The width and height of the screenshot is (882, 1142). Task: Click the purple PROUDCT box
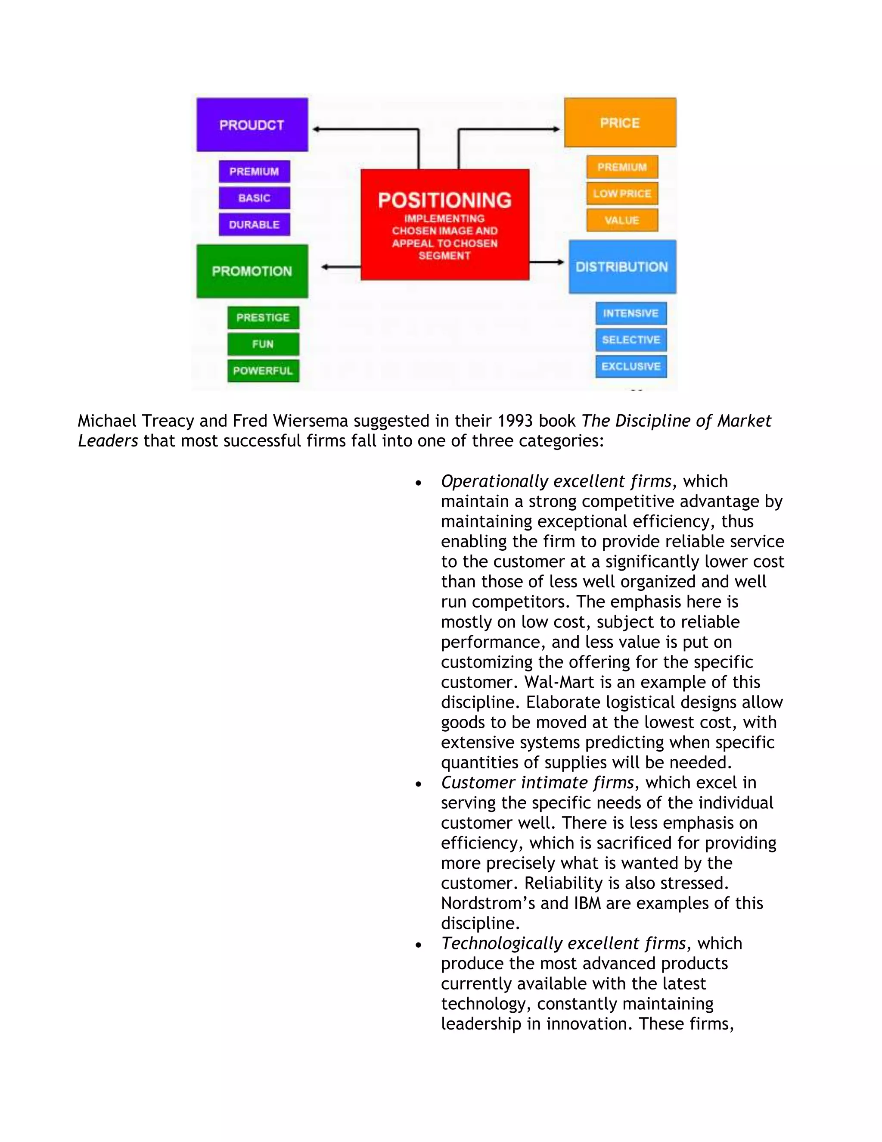click(252, 125)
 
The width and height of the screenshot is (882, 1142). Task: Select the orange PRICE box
click(620, 122)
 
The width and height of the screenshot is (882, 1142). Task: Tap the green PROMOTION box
click(252, 271)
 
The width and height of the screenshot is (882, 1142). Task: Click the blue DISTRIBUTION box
click(622, 267)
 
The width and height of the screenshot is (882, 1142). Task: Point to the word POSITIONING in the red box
click(444, 200)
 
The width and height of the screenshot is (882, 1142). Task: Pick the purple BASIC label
click(254, 198)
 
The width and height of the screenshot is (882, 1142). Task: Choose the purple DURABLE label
click(254, 225)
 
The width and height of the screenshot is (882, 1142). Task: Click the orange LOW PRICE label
click(622, 193)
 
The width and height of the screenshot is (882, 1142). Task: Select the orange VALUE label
click(622, 220)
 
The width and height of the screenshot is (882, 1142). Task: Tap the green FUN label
click(263, 344)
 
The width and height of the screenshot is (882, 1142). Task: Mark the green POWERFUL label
click(263, 371)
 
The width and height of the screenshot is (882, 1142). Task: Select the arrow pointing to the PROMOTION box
click(340, 267)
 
